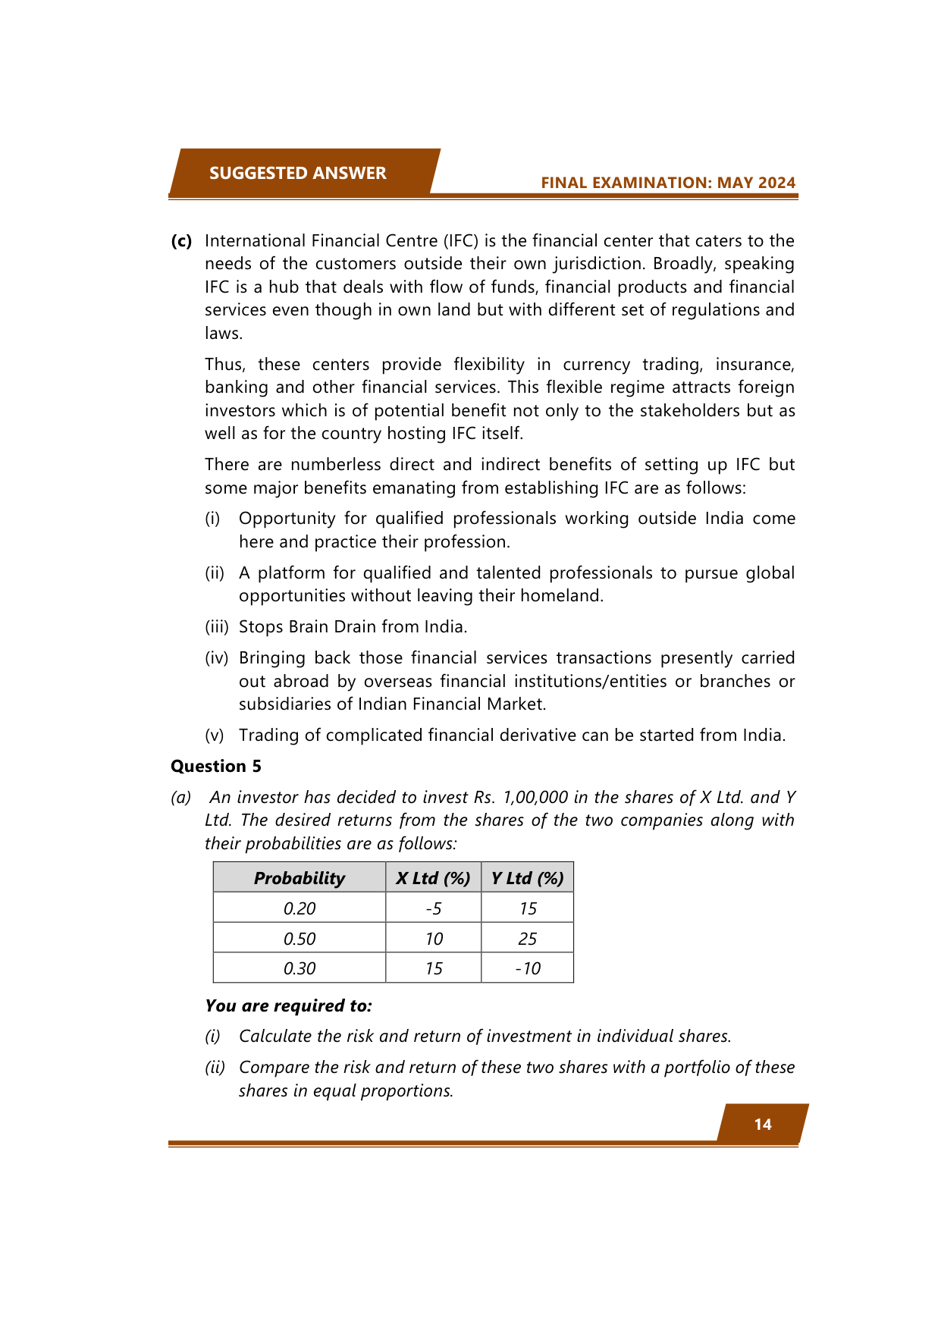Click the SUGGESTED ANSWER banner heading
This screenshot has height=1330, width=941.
(297, 173)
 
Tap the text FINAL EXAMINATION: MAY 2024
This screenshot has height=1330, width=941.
(668, 183)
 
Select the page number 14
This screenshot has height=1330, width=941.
(763, 1124)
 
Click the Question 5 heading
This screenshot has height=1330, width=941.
(216, 766)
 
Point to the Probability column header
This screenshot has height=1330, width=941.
(300, 878)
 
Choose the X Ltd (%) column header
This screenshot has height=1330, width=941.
(433, 878)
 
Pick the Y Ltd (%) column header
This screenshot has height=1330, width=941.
(527, 878)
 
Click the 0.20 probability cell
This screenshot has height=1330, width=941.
(300, 908)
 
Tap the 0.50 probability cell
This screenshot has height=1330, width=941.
(300, 939)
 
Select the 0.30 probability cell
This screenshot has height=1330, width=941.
(300, 968)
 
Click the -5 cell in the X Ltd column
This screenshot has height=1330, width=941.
(433, 908)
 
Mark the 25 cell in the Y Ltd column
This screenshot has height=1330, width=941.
(527, 939)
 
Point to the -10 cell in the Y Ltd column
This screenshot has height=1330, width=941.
(527, 968)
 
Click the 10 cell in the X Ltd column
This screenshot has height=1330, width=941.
(433, 939)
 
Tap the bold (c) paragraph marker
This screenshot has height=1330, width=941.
(181, 241)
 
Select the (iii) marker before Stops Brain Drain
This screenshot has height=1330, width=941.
(216, 627)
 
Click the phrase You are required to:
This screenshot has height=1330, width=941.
(288, 1005)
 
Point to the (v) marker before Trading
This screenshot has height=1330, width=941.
(215, 736)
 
